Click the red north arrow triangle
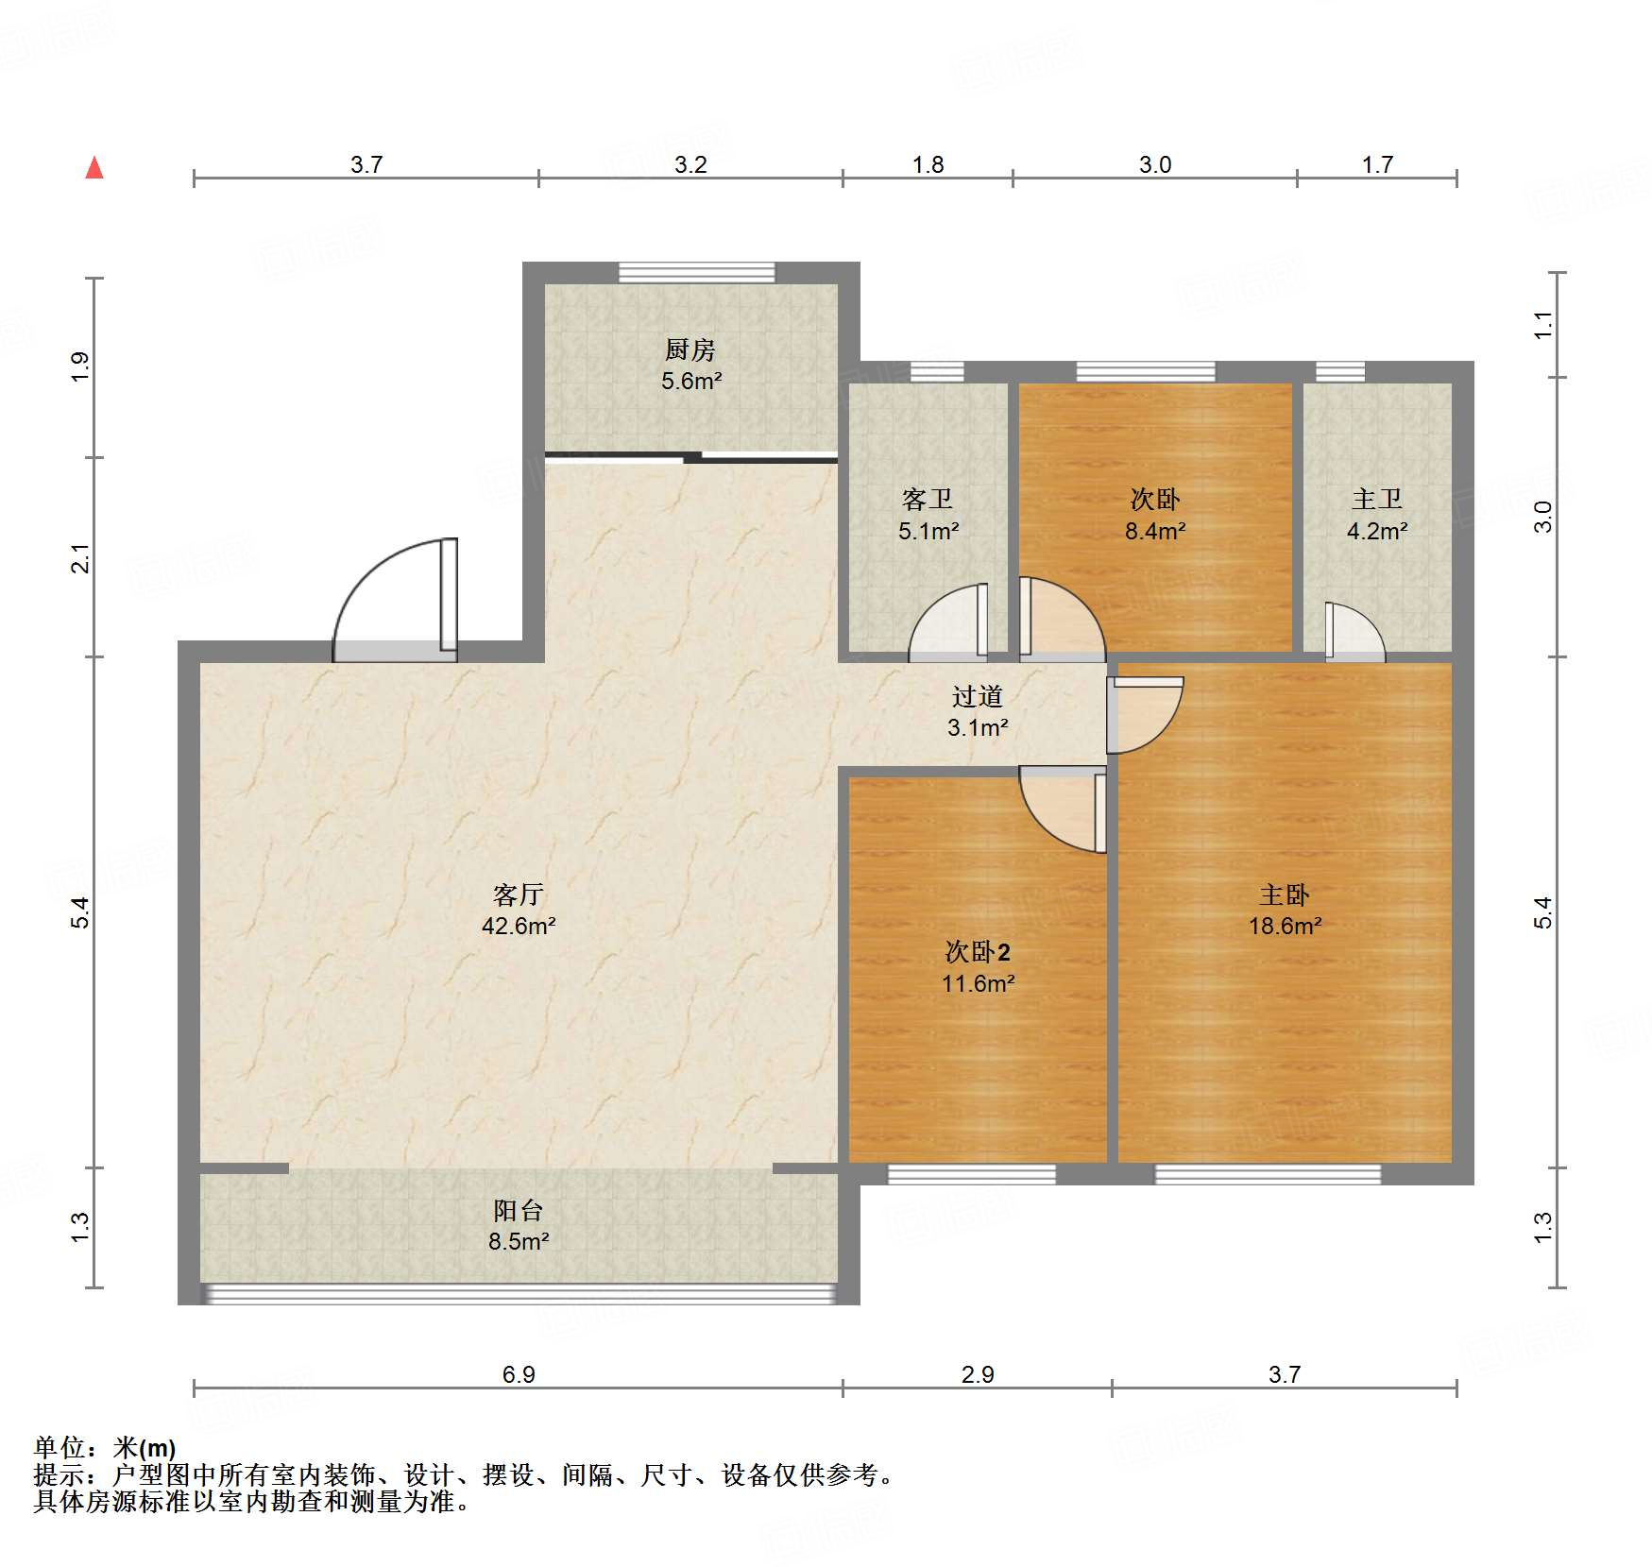(x=94, y=168)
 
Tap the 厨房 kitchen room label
(x=690, y=350)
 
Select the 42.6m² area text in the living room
(x=519, y=926)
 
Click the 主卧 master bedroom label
(x=1285, y=894)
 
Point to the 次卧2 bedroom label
(x=979, y=951)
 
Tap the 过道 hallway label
(x=978, y=696)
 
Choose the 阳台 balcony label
(x=519, y=1210)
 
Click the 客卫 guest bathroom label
(x=928, y=499)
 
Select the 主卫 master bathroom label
(x=1377, y=499)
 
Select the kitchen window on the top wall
(x=696, y=273)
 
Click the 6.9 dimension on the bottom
(x=519, y=1374)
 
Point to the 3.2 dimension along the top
(x=690, y=164)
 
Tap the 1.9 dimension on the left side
(x=81, y=366)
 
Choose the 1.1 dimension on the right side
(x=1542, y=326)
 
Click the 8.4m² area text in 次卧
(x=1155, y=531)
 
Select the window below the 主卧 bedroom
(x=1268, y=1174)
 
